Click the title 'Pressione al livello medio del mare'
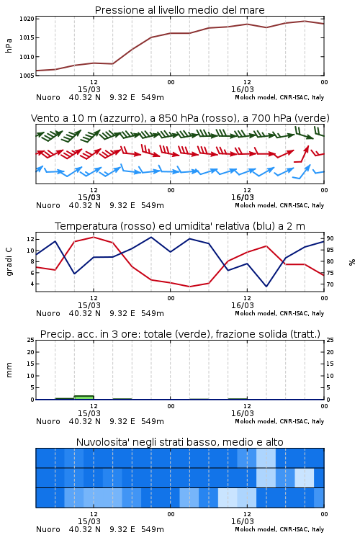tap(179, 10)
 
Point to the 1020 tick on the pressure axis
tap(27, 19)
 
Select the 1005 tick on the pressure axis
tap(27, 76)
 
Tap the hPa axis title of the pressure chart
tap(9, 45)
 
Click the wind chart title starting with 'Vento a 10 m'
tap(180, 118)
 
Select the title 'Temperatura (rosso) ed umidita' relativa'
tap(180, 226)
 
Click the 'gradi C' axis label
tap(9, 262)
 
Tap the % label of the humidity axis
tap(352, 262)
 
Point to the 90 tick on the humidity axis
tap(330, 238)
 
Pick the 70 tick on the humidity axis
tap(330, 284)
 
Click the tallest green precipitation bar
tap(84, 397)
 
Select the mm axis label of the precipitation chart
tap(9, 370)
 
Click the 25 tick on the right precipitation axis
tap(330, 340)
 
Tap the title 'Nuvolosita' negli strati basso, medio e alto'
tap(179, 442)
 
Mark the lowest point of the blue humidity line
tap(266, 287)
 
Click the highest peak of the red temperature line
tap(94, 237)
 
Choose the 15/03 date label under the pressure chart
tap(89, 89)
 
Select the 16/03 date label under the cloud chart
tap(243, 521)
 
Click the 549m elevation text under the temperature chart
tap(152, 313)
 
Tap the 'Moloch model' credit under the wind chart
tap(255, 206)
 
